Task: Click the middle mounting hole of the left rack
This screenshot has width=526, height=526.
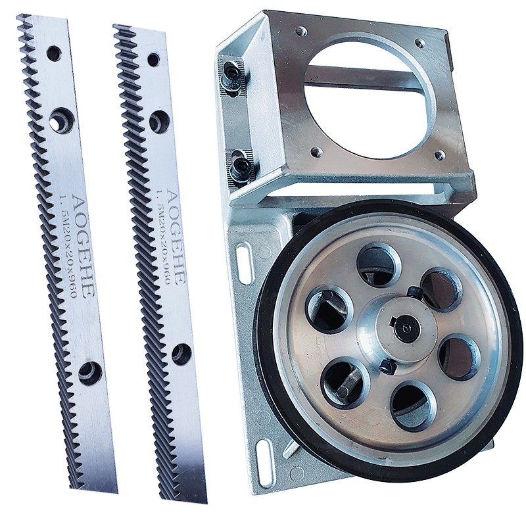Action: (60, 119)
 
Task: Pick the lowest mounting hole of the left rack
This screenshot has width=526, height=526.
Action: (90, 373)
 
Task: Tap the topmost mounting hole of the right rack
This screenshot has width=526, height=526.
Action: (153, 59)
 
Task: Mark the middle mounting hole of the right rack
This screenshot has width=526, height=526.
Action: (158, 120)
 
